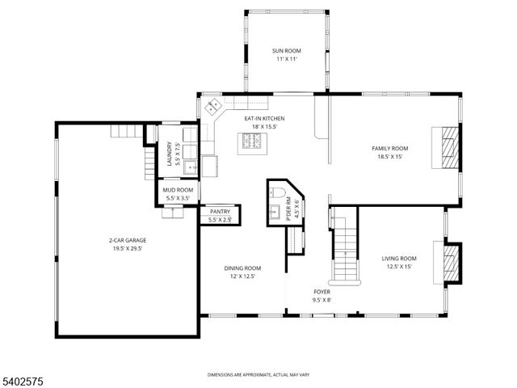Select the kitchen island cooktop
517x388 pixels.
click(250, 143)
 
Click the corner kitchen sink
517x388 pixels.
click(214, 106)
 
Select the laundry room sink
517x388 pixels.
click(189, 167)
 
